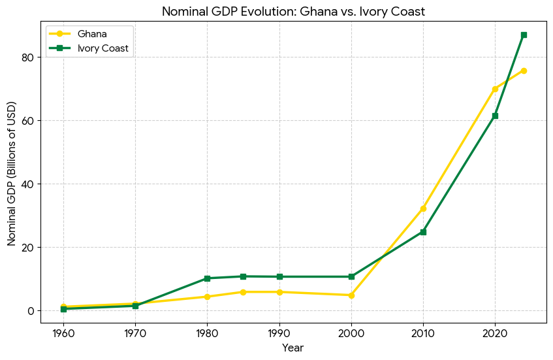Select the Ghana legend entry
coord(91,33)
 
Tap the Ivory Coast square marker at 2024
coord(524,35)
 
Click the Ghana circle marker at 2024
coord(524,71)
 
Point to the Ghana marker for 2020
coord(495,89)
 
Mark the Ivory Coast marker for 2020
coord(495,116)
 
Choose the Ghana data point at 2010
coord(423,208)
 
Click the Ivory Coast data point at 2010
coord(423,232)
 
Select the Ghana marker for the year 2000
coord(351,295)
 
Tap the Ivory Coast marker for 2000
coord(351,276)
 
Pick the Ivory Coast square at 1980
coord(207,278)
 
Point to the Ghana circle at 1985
coord(243,292)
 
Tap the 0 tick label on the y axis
coord(30,311)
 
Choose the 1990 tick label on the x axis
coord(279,333)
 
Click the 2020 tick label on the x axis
coord(495,333)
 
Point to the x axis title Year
coord(292,348)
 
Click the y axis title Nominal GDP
coord(12,173)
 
